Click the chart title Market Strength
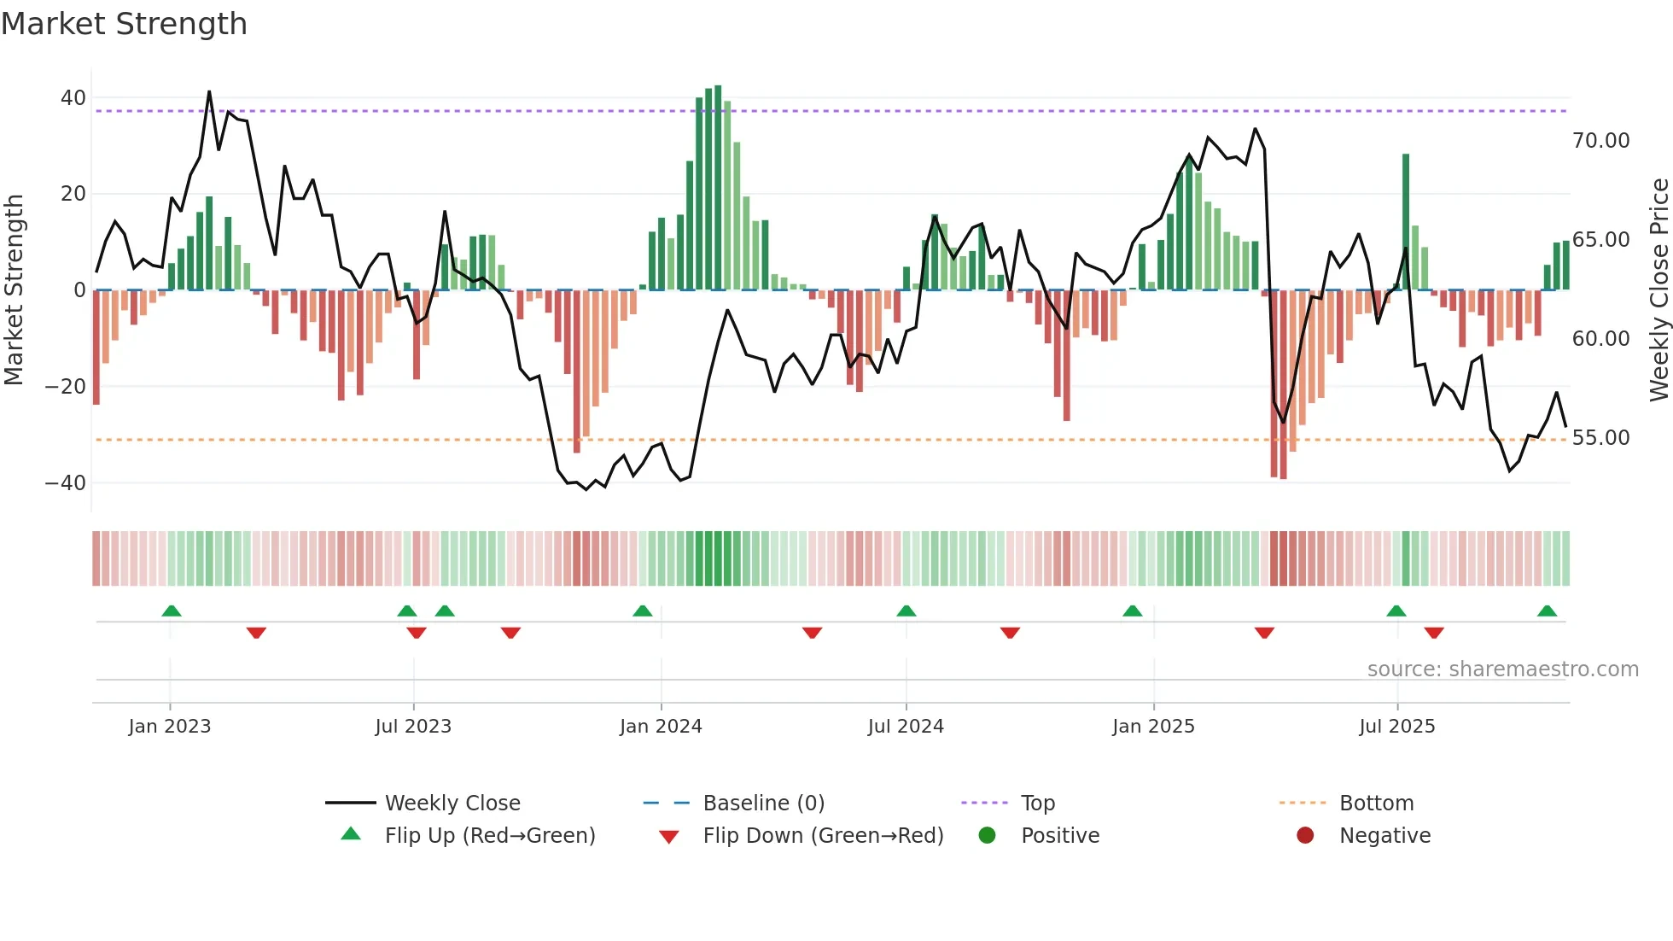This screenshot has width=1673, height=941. coord(124,24)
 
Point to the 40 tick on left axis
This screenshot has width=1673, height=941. coord(73,98)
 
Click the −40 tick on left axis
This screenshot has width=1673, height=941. coord(66,483)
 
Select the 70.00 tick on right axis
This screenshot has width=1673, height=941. coord(1601,141)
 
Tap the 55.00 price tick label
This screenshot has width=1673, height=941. coord(1601,438)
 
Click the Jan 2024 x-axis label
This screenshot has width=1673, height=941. coord(661,727)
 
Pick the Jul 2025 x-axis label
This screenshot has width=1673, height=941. coord(1397,727)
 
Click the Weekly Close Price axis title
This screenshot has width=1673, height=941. coord(1658,290)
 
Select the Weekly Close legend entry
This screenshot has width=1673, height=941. coord(452,804)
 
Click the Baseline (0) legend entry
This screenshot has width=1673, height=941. coord(763,804)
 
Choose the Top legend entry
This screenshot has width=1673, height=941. coord(1038,804)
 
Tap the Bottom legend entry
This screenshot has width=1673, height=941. coord(1376,804)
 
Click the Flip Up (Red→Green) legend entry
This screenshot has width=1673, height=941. coord(490,836)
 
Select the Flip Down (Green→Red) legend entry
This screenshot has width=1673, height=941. coord(823,836)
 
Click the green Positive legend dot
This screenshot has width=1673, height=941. coord(988,836)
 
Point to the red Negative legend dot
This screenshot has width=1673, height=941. coord(1305,836)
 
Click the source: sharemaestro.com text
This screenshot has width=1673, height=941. coord(1502,669)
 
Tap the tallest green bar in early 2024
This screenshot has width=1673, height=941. coord(718,188)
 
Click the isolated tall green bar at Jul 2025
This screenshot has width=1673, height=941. coord(1406,222)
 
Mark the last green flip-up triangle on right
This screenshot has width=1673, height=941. coord(1547,611)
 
